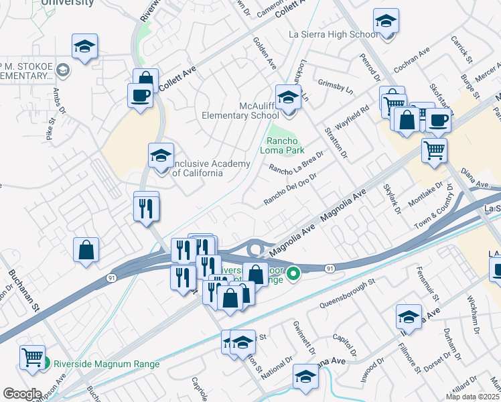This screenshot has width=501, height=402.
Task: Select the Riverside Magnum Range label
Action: (x=107, y=364)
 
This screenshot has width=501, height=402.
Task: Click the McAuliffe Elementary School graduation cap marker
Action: (x=289, y=98)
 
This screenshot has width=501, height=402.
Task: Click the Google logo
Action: (x=21, y=393)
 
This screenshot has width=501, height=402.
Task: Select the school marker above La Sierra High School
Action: (x=386, y=21)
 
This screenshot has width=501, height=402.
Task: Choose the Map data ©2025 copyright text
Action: (x=472, y=397)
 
